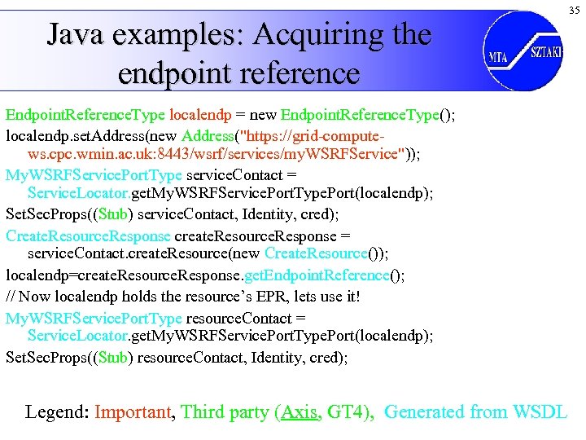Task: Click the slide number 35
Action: [575, 10]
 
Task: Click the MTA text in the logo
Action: [498, 56]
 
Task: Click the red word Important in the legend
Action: [133, 411]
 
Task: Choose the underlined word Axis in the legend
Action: [298, 411]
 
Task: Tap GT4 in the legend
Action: [345, 411]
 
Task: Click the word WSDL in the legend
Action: [540, 411]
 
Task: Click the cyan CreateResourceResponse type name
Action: [88, 235]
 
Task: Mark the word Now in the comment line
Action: [35, 296]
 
